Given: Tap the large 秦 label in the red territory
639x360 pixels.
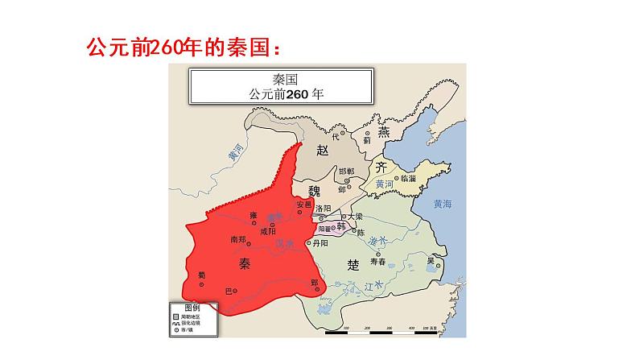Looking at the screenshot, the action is pyautogui.click(x=246, y=263).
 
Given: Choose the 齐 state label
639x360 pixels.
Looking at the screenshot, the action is pyautogui.click(x=381, y=167).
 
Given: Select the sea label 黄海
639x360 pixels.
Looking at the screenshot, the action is pyautogui.click(x=442, y=204).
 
